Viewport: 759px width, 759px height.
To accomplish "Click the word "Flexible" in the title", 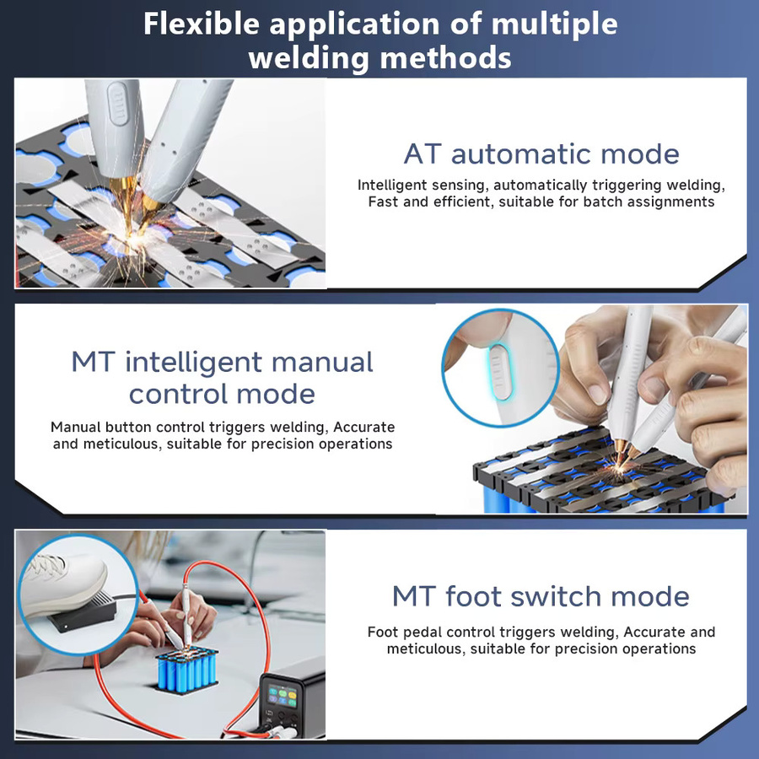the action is coord(202,24).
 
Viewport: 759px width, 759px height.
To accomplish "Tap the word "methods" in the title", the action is coord(446,57).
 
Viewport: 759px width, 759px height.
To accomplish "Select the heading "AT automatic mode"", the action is coord(541,154).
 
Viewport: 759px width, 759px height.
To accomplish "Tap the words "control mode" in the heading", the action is coord(222,394).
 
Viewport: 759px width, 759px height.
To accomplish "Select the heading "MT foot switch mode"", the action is coord(541,596).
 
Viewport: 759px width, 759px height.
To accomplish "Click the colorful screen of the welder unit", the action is coord(283,696).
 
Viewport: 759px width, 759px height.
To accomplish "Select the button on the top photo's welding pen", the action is coord(117,103).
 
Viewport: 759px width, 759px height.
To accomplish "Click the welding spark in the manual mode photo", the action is coord(619,468).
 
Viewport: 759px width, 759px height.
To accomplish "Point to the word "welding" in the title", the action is coord(310,57).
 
